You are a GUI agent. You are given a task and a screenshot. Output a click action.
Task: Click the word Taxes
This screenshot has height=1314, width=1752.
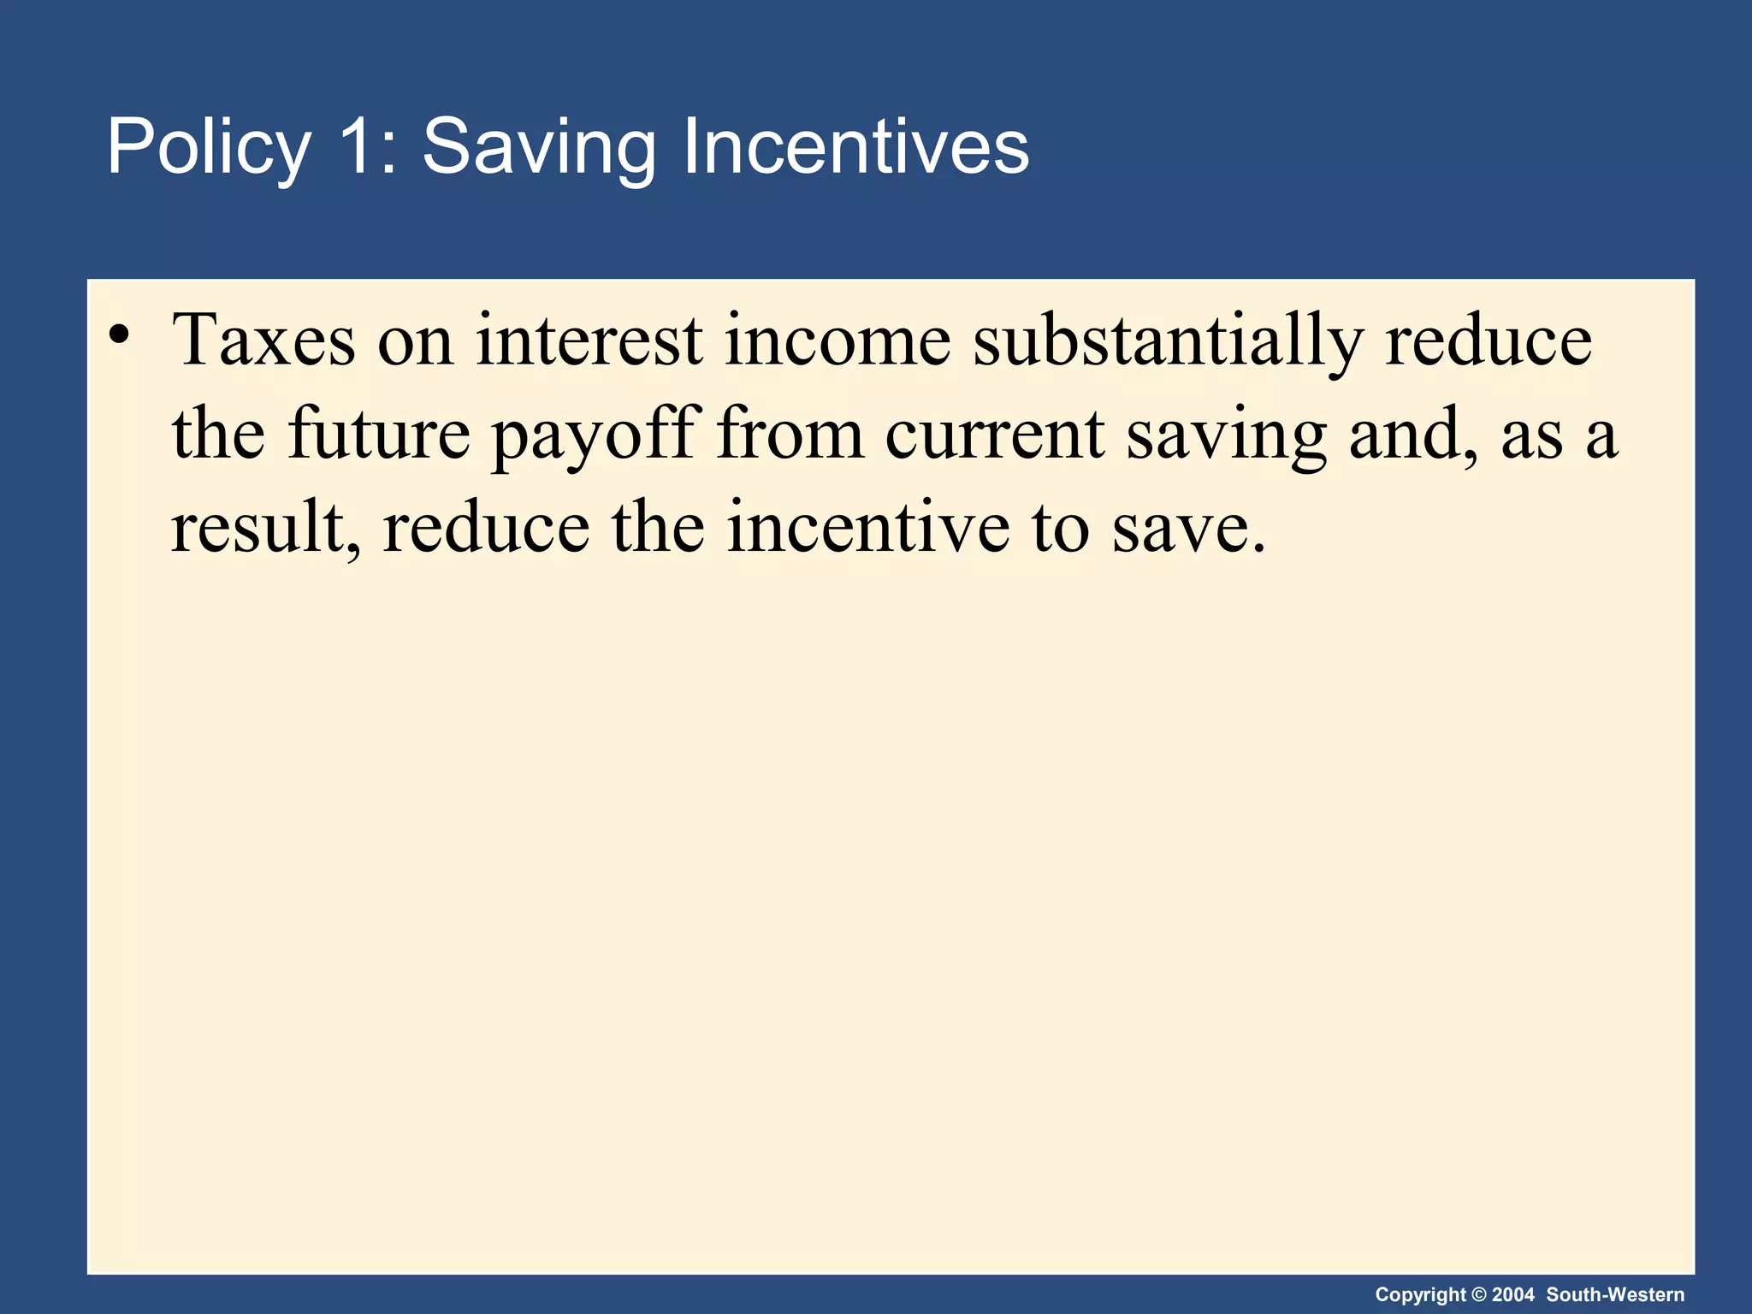263,340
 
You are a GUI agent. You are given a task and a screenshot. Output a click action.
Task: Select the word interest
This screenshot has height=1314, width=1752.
589,340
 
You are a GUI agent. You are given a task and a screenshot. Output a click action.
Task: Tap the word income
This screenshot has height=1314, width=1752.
838,340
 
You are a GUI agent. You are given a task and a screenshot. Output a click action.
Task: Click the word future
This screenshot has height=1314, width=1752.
379,434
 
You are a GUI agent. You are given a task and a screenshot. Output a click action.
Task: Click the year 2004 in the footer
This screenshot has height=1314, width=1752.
1512,1295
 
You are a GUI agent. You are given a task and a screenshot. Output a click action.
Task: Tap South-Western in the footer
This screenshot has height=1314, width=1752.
1615,1295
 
